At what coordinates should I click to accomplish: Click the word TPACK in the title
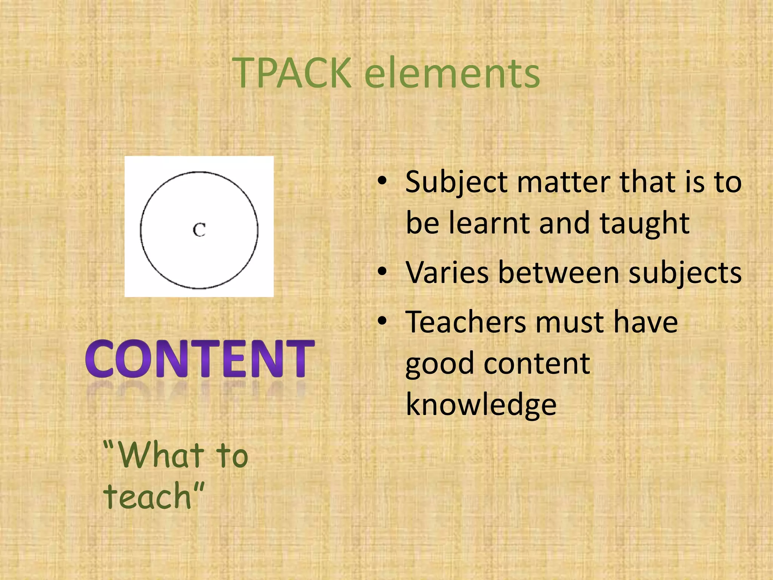292,72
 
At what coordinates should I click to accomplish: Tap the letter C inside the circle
199,230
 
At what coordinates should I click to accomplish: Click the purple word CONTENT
200,359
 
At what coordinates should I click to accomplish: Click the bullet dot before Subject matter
382,181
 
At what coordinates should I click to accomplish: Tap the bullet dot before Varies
382,271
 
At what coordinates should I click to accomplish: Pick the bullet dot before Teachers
382,321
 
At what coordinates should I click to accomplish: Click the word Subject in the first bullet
457,183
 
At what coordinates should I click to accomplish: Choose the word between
559,273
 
